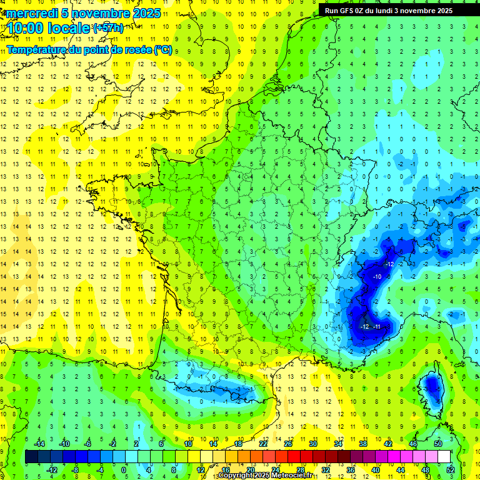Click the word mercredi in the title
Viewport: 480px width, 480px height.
coord(30,13)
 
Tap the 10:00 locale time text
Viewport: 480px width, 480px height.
coord(47,28)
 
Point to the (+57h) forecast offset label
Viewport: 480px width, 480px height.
coord(107,27)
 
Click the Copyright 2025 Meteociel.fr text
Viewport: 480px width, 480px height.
coord(264,476)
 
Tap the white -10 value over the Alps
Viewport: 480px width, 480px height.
coord(377,276)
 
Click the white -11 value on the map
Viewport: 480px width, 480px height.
coord(377,327)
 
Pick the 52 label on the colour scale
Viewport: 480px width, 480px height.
coord(450,469)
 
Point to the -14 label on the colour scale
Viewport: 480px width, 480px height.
coord(39,443)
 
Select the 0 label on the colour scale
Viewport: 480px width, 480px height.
coord(124,469)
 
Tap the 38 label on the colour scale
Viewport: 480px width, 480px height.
coord(362,443)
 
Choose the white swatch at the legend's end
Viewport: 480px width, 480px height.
coord(444,457)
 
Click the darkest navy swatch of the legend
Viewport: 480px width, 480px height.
coord(31,457)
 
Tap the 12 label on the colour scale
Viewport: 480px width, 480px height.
coord(201,469)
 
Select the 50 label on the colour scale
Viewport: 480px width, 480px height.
coord(438,443)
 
